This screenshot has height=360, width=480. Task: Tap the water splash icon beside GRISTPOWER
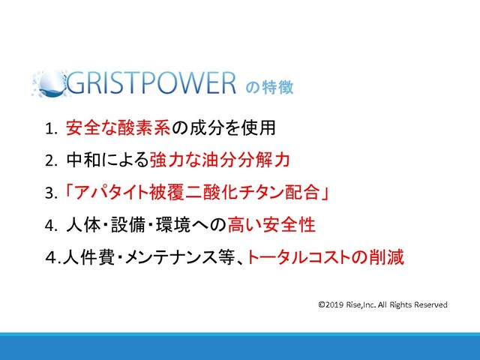tap(49, 84)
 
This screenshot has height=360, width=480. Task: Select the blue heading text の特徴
tap(269, 87)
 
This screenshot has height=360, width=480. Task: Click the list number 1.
tap(51, 128)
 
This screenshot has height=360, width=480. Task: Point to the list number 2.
tap(51, 161)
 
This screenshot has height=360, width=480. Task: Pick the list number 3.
tap(51, 193)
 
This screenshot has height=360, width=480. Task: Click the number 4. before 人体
tap(51, 226)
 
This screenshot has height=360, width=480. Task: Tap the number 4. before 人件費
tap(53, 258)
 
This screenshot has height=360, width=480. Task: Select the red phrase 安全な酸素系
tap(118, 127)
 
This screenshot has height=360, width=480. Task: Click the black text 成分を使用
tap(232, 127)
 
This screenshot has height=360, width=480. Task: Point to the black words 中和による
tap(107, 160)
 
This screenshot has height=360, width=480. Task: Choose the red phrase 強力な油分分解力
tap(220, 160)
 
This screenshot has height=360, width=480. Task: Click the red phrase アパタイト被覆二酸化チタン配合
tap(196, 193)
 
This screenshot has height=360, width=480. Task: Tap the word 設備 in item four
tap(128, 225)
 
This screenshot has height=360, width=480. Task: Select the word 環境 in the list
tap(173, 225)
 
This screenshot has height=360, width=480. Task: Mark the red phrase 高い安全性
tap(271, 225)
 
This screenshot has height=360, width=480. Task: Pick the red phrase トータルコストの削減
tap(325, 256)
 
